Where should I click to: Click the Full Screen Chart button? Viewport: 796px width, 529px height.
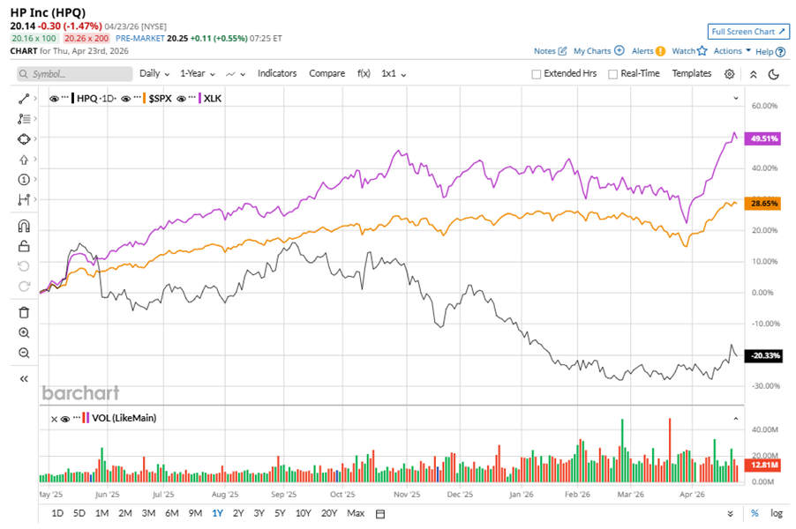click(747, 32)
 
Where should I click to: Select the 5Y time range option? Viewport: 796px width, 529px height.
click(280, 513)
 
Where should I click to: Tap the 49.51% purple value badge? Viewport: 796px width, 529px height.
click(762, 139)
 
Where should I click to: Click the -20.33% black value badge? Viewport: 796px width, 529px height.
click(762, 355)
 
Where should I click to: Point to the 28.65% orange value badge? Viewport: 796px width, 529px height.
click(762, 203)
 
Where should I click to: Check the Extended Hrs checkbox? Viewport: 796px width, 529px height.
click(537, 74)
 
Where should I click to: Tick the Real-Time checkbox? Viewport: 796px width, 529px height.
click(612, 74)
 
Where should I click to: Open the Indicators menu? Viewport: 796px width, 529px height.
click(277, 74)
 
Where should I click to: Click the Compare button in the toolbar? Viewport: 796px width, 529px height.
click(327, 74)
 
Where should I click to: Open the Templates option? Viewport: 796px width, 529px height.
click(692, 74)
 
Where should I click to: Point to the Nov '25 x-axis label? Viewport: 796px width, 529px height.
click(402, 495)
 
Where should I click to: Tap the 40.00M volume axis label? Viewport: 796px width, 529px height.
click(763, 430)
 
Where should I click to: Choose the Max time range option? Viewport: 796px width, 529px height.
click(356, 513)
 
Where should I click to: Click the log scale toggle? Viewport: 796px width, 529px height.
click(776, 513)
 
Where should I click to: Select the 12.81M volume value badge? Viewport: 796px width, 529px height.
click(762, 464)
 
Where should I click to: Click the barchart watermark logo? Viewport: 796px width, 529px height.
click(80, 393)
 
